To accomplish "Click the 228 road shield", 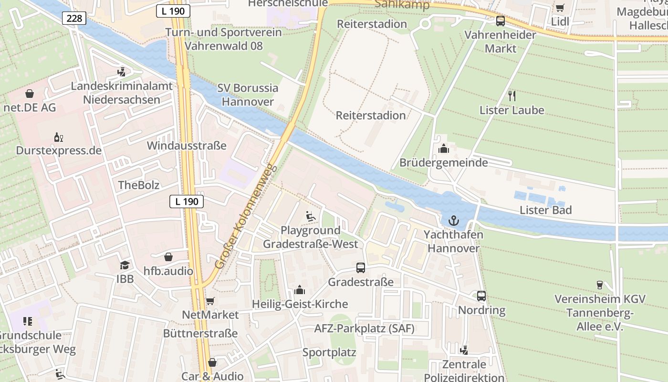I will (x=74, y=19).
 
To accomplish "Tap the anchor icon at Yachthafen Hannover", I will (x=453, y=221).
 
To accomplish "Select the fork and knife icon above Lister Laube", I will (x=512, y=96).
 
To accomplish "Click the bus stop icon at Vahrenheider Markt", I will (x=500, y=21).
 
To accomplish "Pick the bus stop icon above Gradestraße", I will (x=361, y=268).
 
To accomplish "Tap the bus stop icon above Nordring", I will (x=481, y=296).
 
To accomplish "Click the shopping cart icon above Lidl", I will (x=560, y=8).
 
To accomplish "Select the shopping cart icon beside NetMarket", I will (x=210, y=301).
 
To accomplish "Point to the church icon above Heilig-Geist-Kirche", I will (x=300, y=290).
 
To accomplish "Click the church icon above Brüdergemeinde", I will (x=444, y=149).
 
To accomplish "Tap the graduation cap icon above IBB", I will (x=125, y=265).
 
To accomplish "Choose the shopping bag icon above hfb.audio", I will (x=168, y=257).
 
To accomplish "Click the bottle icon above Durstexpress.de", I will (x=59, y=137).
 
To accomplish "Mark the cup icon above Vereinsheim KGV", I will (x=600, y=285).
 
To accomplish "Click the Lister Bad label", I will (x=545, y=210).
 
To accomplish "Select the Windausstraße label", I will (x=187, y=146).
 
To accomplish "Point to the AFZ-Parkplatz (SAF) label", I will (x=364, y=329).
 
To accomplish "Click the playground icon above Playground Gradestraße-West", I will (x=310, y=216).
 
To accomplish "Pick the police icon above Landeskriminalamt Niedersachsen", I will (x=122, y=72).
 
